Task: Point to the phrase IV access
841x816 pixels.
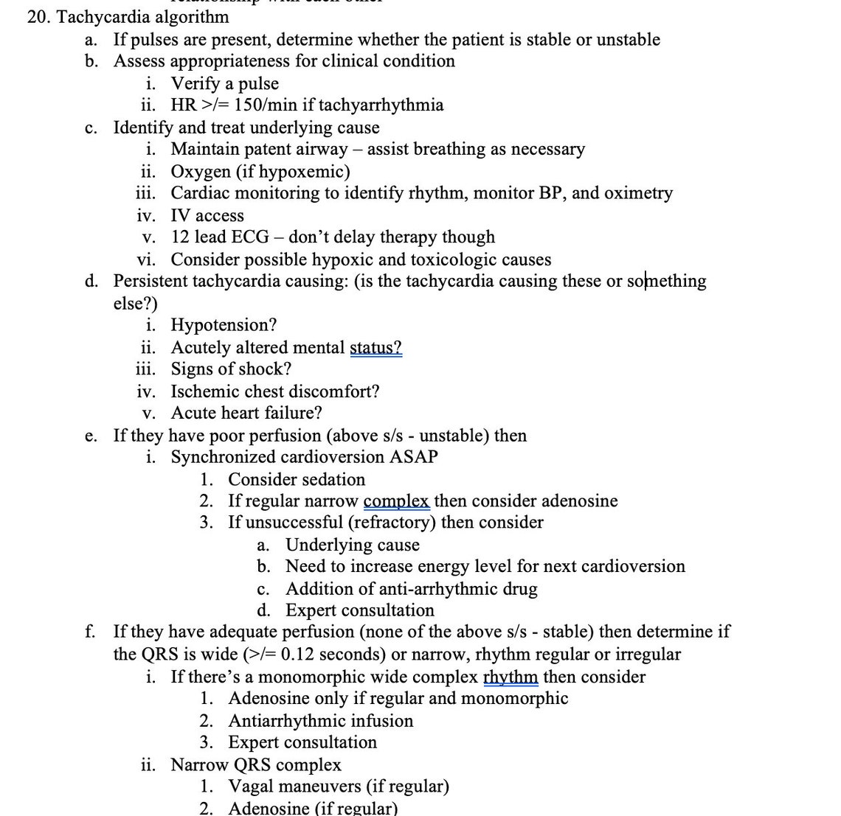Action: coord(207,215)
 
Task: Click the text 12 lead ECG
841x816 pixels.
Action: coord(220,237)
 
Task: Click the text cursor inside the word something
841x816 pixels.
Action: coord(646,282)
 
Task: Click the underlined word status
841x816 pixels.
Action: coord(375,347)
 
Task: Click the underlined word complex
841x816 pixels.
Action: coord(396,501)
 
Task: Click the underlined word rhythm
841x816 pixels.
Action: coord(511,677)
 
